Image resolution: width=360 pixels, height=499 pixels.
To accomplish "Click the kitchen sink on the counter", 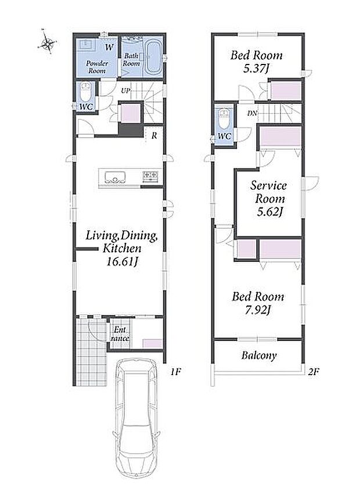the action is point(113,177).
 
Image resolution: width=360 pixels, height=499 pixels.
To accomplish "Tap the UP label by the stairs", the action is point(125,91).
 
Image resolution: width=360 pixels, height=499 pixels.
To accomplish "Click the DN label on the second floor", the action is point(253,113).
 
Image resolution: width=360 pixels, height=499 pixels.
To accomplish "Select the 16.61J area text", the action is point(123,262).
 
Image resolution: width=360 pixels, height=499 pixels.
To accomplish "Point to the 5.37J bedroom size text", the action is point(256,68).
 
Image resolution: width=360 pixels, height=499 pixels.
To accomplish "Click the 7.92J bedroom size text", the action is point(258,310).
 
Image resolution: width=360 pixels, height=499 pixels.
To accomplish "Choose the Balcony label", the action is point(259,355).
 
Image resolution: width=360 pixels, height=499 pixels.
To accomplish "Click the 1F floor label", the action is point(175,372).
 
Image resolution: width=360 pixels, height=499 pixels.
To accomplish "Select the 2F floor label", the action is point(313,372).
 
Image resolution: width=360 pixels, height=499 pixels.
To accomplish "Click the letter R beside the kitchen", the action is point(154,135).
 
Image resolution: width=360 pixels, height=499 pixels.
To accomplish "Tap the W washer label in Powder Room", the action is point(109,48).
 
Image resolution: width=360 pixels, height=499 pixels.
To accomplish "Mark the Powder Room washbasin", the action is point(86,44).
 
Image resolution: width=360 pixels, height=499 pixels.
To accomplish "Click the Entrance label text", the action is point(120,334).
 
